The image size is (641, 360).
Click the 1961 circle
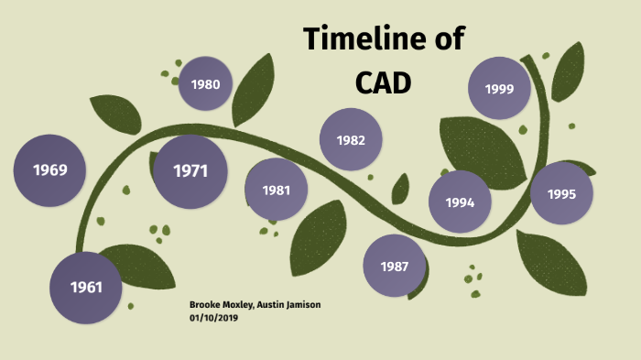[x=85, y=288]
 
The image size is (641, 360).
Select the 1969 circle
[x=49, y=169]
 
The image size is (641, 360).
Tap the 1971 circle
[x=190, y=171]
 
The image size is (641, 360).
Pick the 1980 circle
[x=206, y=84]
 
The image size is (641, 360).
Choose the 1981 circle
[x=276, y=190]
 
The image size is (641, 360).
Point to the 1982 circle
[x=351, y=140]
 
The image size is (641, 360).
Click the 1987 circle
[x=395, y=266]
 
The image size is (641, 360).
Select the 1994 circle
[x=460, y=202]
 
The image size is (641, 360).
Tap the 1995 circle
[x=561, y=193]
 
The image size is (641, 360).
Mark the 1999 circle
[x=499, y=89]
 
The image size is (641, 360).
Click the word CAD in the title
[x=383, y=82]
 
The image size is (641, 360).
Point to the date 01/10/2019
[x=213, y=317]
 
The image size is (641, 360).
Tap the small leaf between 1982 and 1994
[x=400, y=190]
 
